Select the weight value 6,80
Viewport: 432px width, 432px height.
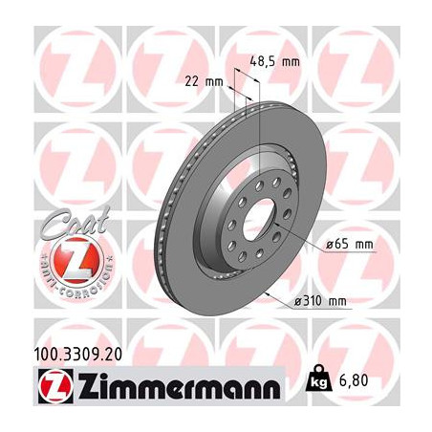pos(379,378)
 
